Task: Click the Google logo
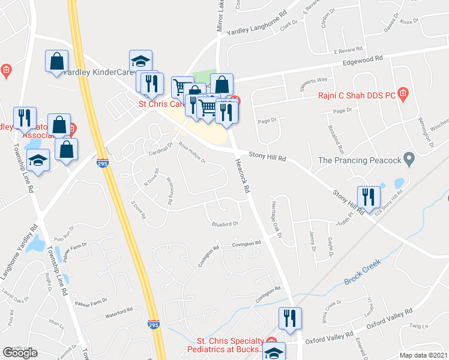click(x=20, y=353)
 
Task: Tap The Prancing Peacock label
click(x=359, y=160)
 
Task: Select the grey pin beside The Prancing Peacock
click(x=409, y=159)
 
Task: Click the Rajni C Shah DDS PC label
click(x=356, y=94)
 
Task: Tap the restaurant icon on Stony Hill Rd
click(x=369, y=196)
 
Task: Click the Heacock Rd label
click(x=242, y=179)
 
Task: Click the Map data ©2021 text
click(x=423, y=355)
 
